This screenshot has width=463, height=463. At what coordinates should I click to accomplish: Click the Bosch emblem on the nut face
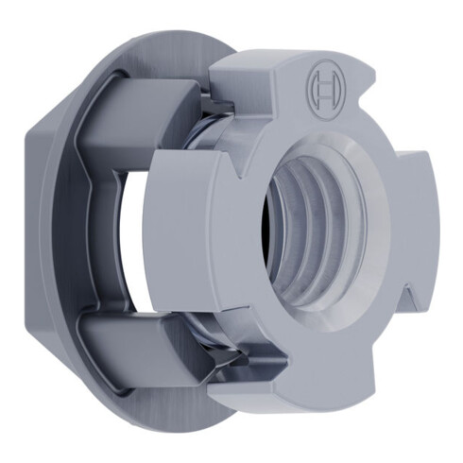click(323, 87)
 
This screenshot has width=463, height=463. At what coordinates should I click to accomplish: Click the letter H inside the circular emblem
click(323, 87)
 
